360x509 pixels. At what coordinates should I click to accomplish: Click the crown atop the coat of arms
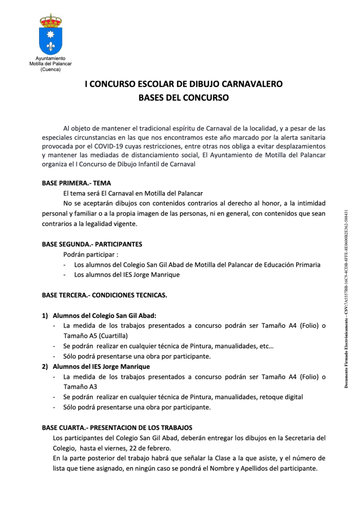click(50, 21)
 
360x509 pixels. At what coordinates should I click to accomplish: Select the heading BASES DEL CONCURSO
click(184, 97)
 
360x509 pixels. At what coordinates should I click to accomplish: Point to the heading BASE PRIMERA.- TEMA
click(76, 183)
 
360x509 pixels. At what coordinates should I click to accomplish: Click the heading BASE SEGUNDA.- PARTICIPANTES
click(92, 244)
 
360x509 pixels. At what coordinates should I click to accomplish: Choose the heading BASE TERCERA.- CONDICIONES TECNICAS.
click(104, 295)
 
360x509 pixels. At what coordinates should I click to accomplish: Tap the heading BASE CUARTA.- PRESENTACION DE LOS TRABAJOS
click(117, 427)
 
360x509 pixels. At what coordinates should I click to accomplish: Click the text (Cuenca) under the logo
click(50, 69)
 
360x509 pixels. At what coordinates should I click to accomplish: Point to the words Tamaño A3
click(81, 387)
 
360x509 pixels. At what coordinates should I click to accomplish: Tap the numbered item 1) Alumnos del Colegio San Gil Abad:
click(104, 315)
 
